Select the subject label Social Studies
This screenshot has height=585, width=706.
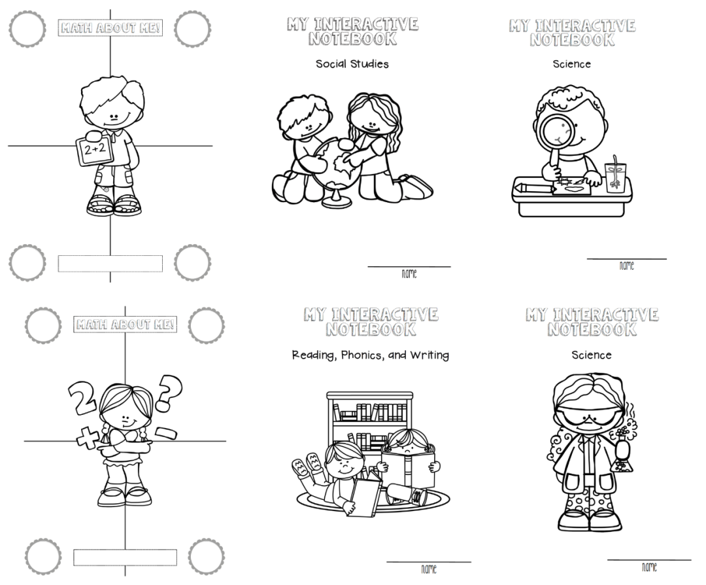point(352,64)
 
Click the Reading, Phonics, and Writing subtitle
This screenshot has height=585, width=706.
point(370,355)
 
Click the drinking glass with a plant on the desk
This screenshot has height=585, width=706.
point(615,173)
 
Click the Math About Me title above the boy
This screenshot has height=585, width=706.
point(110,28)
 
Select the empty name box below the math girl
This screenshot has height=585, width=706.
point(125,558)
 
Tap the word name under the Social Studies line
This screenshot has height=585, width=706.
point(409,274)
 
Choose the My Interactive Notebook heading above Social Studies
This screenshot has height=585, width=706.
point(352,32)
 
